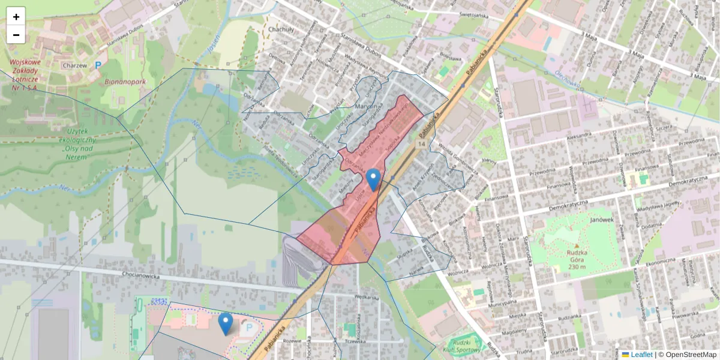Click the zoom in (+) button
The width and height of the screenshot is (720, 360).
(x=16, y=17)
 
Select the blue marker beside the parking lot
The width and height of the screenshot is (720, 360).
(x=226, y=323)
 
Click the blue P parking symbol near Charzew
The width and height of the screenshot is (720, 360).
(x=98, y=64)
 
